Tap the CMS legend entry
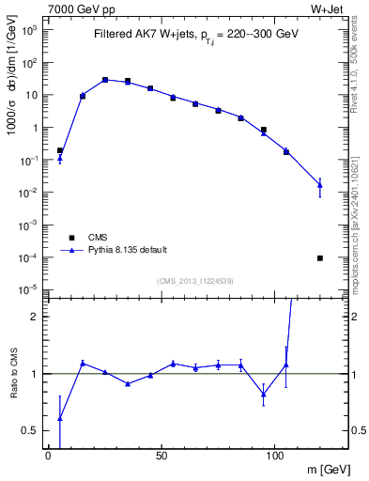click(x=99, y=237)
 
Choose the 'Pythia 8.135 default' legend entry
click(x=128, y=250)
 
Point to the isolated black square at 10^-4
click(x=320, y=257)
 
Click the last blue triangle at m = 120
click(x=320, y=185)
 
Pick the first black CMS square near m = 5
click(x=60, y=150)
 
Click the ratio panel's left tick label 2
click(x=33, y=317)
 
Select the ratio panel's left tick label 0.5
click(x=30, y=430)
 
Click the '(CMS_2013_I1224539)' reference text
click(x=195, y=281)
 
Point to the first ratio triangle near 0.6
click(x=60, y=418)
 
